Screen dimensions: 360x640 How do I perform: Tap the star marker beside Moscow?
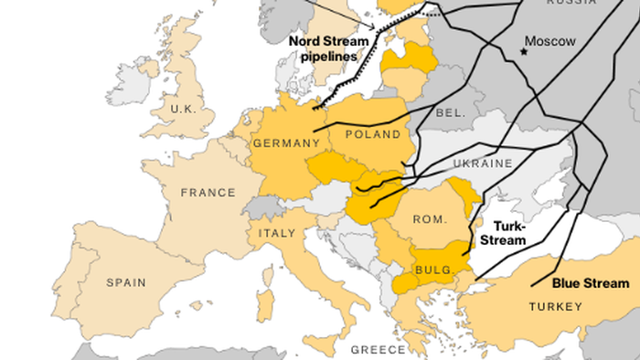pyautogui.click(x=524, y=51)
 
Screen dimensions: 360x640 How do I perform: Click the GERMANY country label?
pyautogui.click(x=285, y=143)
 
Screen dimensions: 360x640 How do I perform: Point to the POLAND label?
pyautogui.click(x=373, y=135)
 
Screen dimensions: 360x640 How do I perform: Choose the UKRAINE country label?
pyautogui.click(x=484, y=164)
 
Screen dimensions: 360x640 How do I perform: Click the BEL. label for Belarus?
pyautogui.click(x=451, y=112)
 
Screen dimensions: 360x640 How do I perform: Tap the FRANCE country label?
pyautogui.click(x=208, y=193)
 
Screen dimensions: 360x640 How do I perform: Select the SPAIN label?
pyautogui.click(x=127, y=282)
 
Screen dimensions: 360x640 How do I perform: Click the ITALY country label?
pyautogui.click(x=277, y=233)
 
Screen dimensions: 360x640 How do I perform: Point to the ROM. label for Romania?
pyautogui.click(x=428, y=219)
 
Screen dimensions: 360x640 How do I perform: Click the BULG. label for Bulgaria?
pyautogui.click(x=431, y=270)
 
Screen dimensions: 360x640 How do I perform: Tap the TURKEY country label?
pyautogui.click(x=555, y=306)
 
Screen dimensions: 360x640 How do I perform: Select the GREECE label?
pyautogui.click(x=378, y=350)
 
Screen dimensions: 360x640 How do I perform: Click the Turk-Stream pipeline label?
pyautogui.click(x=503, y=233)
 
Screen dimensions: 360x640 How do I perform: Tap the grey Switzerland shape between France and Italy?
pyautogui.click(x=265, y=206)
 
